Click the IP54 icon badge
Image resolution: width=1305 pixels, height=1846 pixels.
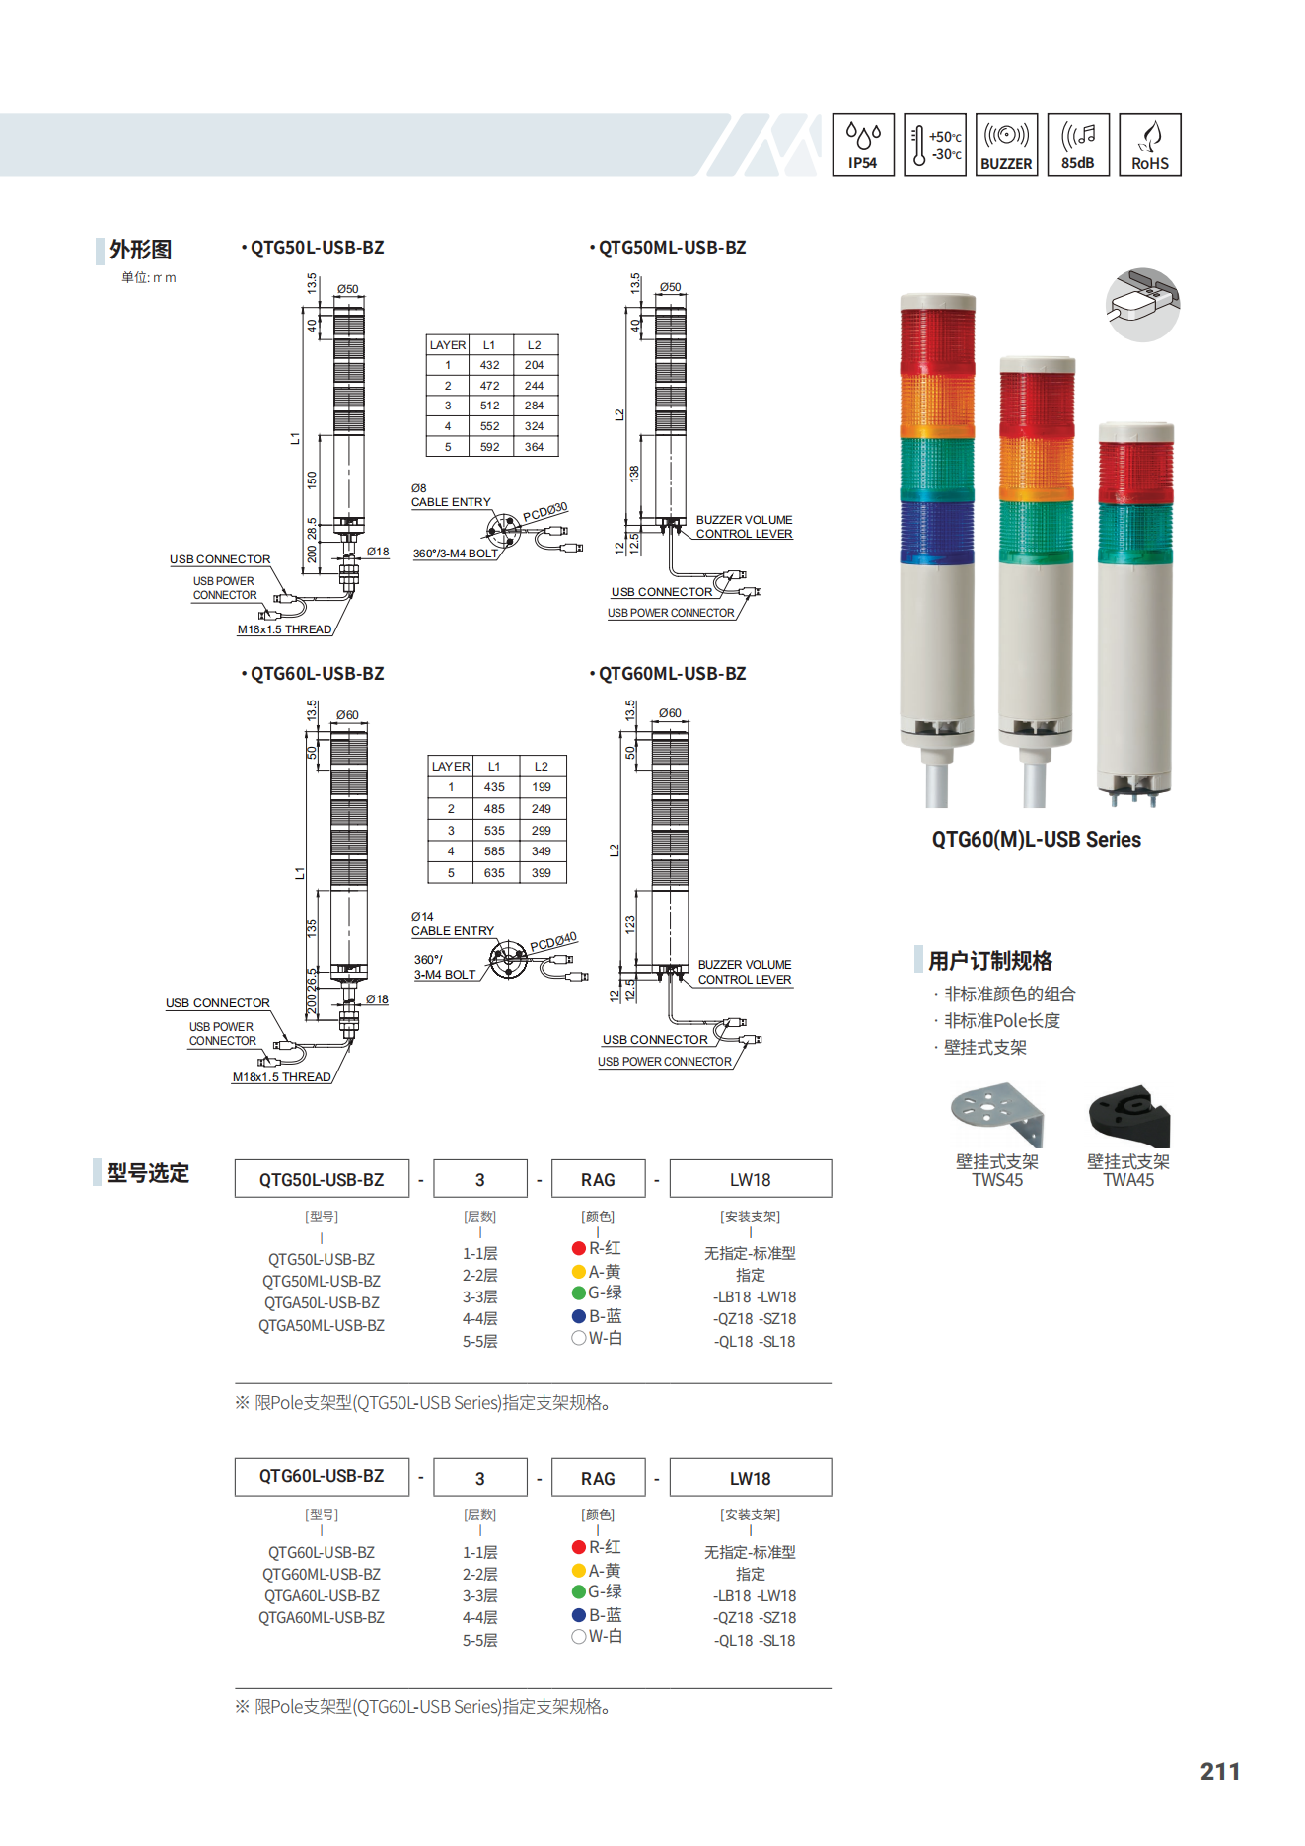coord(863,145)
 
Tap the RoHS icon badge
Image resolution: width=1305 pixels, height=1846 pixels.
coord(1150,145)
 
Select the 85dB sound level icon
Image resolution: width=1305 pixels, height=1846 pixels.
coord(1078,145)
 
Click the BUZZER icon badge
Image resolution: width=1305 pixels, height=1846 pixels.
coord(1006,145)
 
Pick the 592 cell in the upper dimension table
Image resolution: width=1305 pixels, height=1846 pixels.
coord(490,447)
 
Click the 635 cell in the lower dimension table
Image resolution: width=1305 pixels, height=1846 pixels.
coord(494,873)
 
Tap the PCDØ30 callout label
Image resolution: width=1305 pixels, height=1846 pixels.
coord(545,511)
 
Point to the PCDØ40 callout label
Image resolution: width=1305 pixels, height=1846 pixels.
coord(553,942)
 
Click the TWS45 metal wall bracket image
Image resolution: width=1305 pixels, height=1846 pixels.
coord(997,1114)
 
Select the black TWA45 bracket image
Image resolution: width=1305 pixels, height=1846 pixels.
coord(1129,1116)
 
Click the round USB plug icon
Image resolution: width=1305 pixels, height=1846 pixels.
coord(1143,305)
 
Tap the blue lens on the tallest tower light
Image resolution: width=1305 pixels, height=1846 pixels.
coord(937,534)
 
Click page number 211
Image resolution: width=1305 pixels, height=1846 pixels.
coord(1220,1772)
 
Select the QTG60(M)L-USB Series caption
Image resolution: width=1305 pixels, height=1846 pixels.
coord(1037,840)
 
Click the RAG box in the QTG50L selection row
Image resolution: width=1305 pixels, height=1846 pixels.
coord(598,1179)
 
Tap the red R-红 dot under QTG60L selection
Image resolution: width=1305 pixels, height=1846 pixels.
coord(579,1547)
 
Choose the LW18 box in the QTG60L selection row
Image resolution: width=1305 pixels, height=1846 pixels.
coord(751,1478)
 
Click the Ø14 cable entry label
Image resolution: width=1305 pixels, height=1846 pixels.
coord(422,917)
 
